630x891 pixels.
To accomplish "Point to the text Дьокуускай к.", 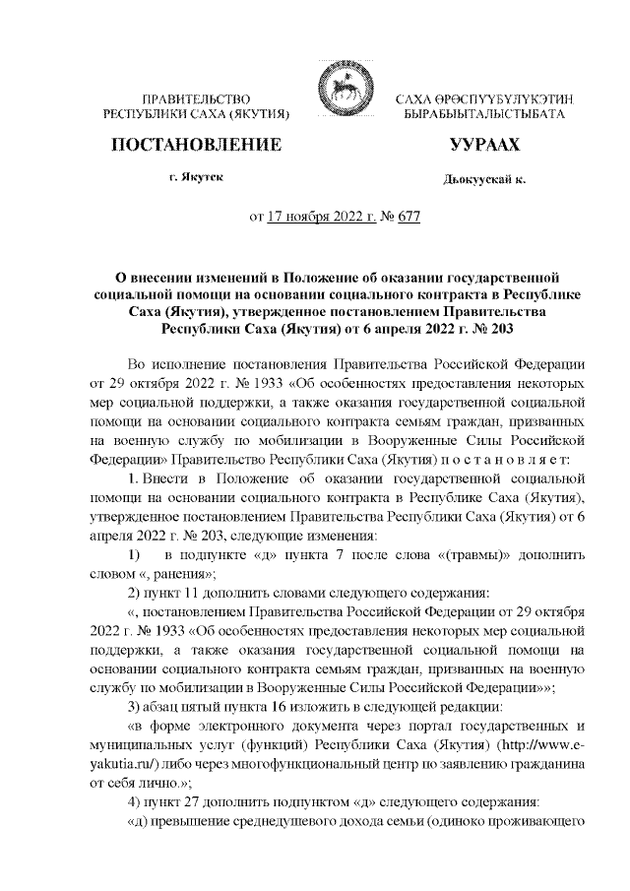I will coord(483,181).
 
